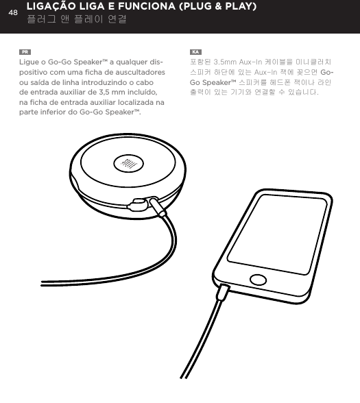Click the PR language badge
(25, 52)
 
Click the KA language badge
(195, 52)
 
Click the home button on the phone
(258, 281)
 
